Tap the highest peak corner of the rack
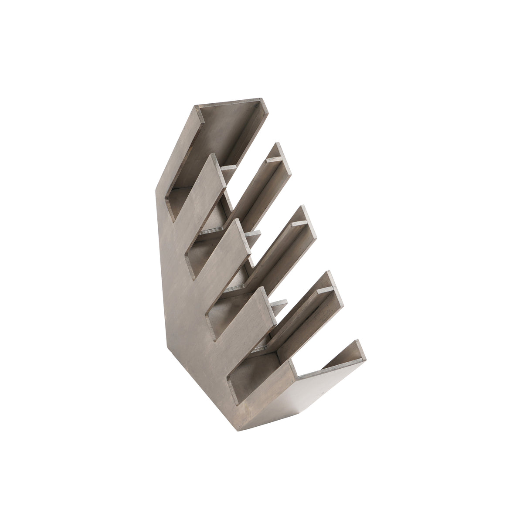(x=261, y=99)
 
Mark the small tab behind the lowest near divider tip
(x=279, y=302)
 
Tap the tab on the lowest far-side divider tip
(x=325, y=289)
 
